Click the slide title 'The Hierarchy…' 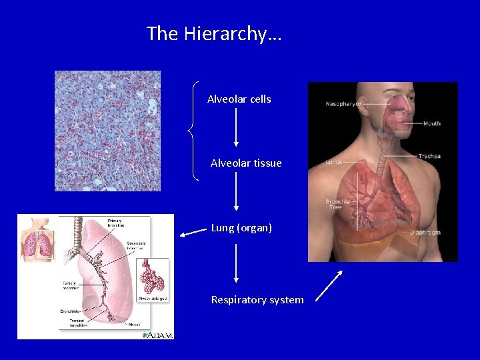(214, 33)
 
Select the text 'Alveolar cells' (239, 99)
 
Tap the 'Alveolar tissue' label (246, 163)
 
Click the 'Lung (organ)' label (241, 228)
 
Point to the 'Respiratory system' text (257, 300)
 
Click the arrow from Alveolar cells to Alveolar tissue (236, 127)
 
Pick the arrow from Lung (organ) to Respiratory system (236, 263)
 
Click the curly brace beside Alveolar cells (194, 131)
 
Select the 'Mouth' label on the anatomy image (431, 123)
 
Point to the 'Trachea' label (429, 156)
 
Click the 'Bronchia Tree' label (337, 204)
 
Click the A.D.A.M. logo (158, 335)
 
